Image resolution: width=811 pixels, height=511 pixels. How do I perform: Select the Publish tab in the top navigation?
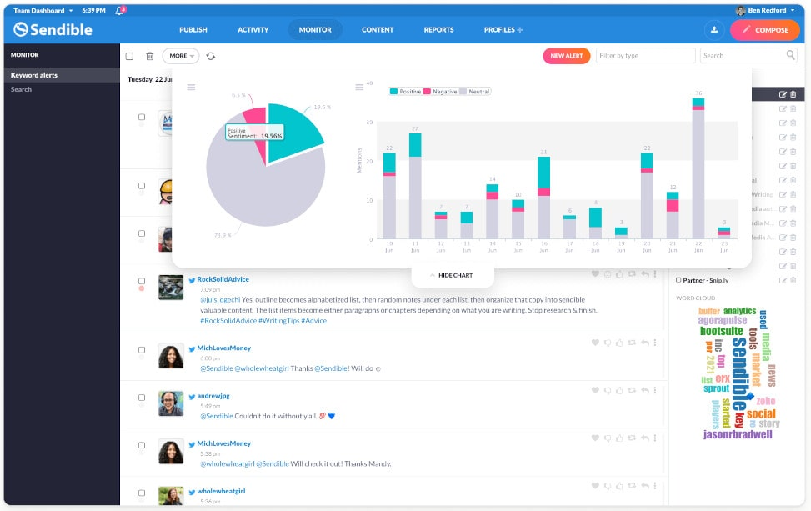tap(193, 30)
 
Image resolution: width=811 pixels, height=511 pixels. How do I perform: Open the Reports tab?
tap(438, 30)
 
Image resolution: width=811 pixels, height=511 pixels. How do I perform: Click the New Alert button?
tap(566, 56)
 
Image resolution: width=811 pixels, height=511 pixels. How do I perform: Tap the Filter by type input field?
tap(645, 56)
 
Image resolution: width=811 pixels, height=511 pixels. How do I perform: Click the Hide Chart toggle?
tap(452, 275)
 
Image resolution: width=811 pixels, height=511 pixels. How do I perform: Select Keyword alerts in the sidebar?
tap(34, 75)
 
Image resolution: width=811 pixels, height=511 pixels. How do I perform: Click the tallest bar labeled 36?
tap(698, 171)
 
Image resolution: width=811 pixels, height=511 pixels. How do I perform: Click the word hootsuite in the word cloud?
tap(721, 331)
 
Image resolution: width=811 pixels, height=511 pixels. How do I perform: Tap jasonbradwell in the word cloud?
tap(738, 434)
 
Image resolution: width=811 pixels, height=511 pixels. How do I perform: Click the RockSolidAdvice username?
tap(223, 279)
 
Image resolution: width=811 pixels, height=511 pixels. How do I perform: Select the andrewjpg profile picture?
tap(171, 403)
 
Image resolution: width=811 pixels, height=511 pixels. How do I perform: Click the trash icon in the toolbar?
tap(150, 56)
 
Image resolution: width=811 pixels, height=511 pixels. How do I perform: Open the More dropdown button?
tap(180, 56)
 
